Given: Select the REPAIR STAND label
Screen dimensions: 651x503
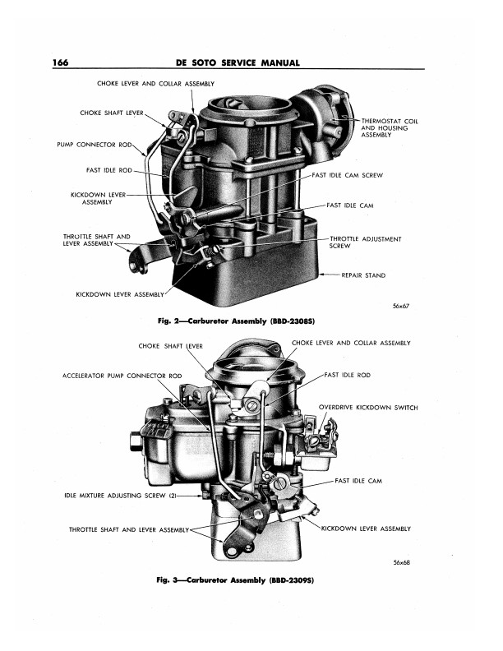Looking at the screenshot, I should point(363,275).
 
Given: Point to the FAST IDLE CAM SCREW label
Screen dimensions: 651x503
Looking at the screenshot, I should point(348,176).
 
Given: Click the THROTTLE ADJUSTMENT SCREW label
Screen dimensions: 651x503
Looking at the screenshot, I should point(365,242).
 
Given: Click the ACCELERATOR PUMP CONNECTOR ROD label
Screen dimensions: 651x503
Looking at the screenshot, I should point(122,376).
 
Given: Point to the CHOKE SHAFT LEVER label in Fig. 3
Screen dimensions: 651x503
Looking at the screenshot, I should point(170,345).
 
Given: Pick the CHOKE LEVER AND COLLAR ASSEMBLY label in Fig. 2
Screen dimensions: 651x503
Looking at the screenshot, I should point(155,84).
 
